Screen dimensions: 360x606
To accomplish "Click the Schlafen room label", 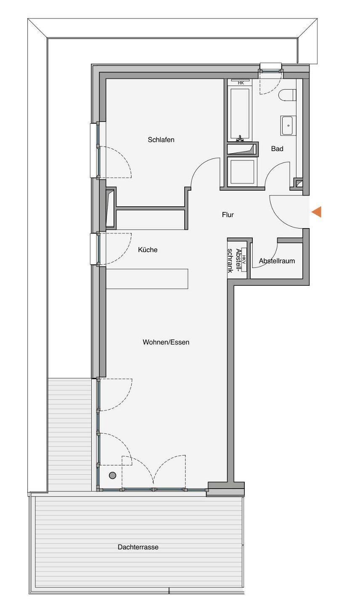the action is pos(161,140).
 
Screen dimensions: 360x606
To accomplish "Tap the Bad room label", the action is pos(277,149).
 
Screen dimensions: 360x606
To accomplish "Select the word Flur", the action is pos(228,215).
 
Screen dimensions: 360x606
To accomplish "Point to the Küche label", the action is pos(148,250).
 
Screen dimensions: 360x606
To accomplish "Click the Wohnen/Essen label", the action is pos(166,342).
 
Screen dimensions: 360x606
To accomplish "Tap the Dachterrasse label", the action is pos(138,547).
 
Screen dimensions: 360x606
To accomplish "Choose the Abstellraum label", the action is pos(277,261).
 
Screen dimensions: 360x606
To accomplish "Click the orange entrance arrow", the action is pos(317,212).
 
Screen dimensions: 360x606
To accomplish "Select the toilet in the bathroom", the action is pos(287,95).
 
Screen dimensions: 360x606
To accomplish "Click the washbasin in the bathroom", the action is pos(289,125).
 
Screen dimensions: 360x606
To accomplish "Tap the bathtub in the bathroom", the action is pos(240,114).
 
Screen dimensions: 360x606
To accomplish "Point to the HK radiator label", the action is pos(241,83).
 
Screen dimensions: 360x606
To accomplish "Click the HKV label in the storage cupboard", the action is pos(244,260).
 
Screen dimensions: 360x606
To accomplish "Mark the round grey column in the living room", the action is pos(112,475).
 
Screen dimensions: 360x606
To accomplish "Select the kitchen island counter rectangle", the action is pos(147,279).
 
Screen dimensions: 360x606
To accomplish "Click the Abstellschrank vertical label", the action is pos(234,260).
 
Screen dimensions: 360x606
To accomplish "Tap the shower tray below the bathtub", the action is pos(241,172).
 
